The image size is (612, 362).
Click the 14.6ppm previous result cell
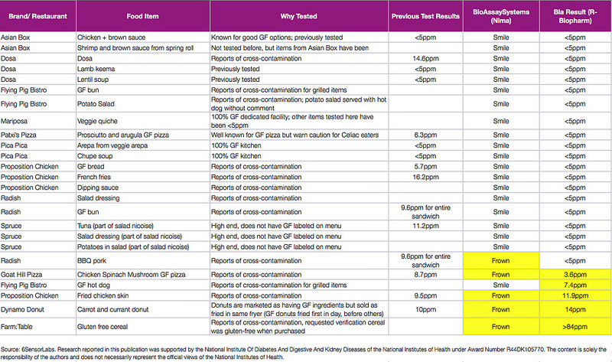pos(424,57)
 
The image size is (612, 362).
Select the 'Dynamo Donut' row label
pos(27,309)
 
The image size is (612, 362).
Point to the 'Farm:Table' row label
pos(21,326)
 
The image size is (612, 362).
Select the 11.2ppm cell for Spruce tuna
pos(424,227)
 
